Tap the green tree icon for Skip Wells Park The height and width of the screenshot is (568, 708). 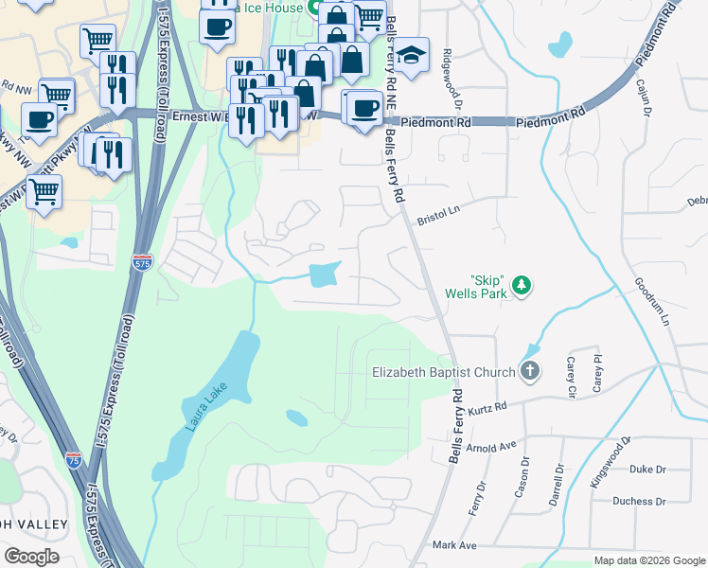[x=520, y=285]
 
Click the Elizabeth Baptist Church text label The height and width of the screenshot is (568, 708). [x=444, y=372]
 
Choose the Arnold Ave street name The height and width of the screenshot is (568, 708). [x=494, y=444]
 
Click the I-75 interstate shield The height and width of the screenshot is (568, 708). [x=74, y=461]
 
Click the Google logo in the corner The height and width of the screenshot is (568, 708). [x=32, y=556]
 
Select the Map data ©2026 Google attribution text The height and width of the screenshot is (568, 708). [x=649, y=560]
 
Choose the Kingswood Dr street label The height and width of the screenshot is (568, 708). [x=611, y=462]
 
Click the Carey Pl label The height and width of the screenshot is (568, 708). [x=597, y=373]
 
